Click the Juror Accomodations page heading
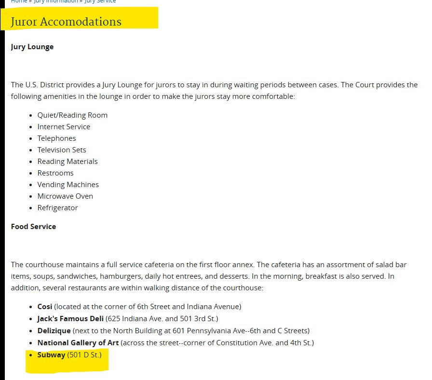tap(66, 22)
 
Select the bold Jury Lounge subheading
tap(32, 47)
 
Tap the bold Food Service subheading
tap(33, 226)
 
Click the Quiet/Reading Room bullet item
tap(72, 115)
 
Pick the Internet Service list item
tap(64, 127)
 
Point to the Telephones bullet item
tap(56, 138)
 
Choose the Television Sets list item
tap(62, 150)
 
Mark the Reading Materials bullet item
tap(67, 162)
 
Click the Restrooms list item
tap(55, 173)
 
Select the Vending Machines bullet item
tap(68, 185)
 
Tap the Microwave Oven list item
tap(65, 196)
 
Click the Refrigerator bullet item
tap(57, 208)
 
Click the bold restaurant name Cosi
tap(45, 306)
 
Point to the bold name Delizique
tap(54, 330)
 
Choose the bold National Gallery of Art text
tap(78, 342)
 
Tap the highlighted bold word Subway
tap(51, 355)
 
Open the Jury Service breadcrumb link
tap(100, 1)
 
